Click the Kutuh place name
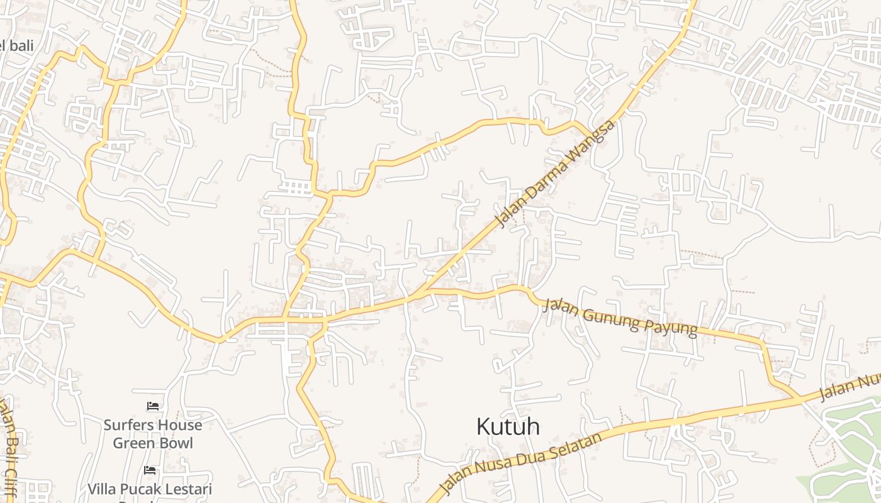coord(508,426)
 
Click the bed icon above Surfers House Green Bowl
coord(152,406)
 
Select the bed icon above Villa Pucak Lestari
coord(150,470)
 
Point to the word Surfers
coord(127,425)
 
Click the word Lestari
coord(186,489)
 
